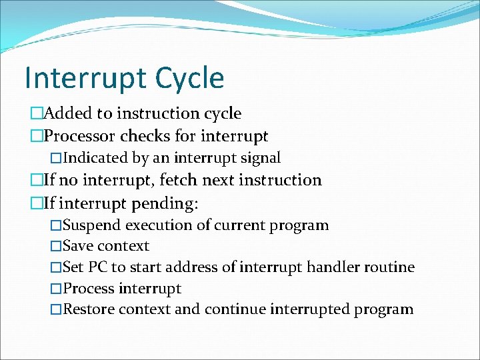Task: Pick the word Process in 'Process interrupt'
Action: [x=89, y=289]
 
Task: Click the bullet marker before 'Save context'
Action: [x=56, y=247]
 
